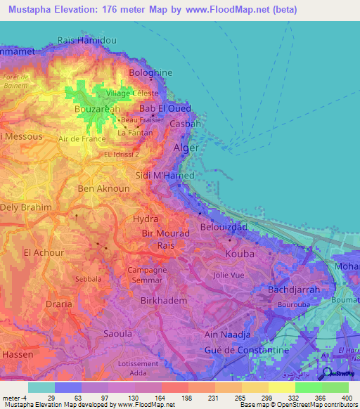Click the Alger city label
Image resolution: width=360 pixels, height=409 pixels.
[x=186, y=148]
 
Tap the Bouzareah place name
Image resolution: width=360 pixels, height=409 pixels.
[x=97, y=110]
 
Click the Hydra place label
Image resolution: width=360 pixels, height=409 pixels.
[x=146, y=219]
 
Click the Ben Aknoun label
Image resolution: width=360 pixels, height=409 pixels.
[x=95, y=188]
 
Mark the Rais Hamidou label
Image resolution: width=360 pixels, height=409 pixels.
[x=86, y=41]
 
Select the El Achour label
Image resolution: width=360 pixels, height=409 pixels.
[x=44, y=252]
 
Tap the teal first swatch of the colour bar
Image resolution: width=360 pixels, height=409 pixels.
[x=41, y=387]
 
